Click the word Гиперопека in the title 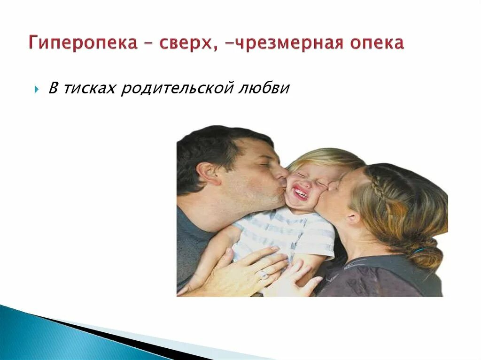click(82, 43)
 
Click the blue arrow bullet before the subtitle click(36, 89)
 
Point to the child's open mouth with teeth click(301, 192)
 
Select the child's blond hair click(324, 158)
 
